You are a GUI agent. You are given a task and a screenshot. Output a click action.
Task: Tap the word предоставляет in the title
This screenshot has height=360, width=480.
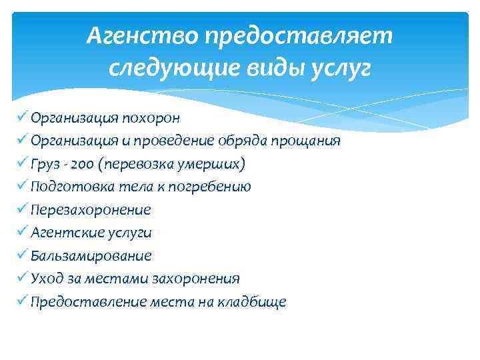(299, 37)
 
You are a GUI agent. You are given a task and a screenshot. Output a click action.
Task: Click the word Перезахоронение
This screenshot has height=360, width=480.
(91, 210)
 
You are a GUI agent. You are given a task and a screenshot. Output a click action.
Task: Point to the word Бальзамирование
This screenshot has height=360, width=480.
(91, 256)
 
